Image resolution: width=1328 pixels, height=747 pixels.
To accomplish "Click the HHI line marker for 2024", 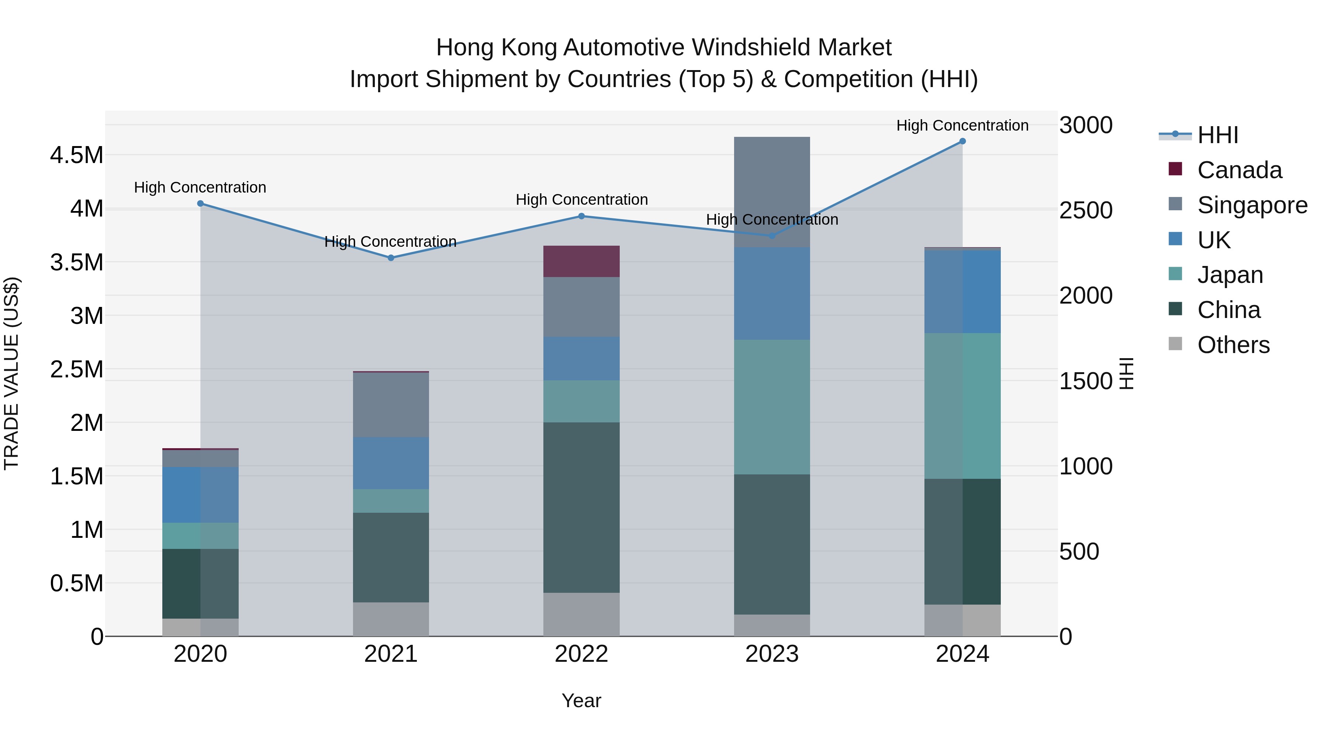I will point(962,141).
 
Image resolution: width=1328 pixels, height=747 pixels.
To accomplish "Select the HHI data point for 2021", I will point(391,258).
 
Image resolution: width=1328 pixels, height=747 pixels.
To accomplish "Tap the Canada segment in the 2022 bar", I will point(581,262).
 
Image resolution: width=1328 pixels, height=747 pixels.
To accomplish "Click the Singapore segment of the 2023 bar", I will point(772,192).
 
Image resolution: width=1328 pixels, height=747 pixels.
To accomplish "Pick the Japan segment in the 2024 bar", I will point(962,406).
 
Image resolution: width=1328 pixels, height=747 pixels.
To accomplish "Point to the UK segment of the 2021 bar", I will point(391,463).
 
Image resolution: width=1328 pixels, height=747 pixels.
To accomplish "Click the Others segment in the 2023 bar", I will point(772,625).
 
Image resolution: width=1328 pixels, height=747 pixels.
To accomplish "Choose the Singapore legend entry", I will point(1252,205).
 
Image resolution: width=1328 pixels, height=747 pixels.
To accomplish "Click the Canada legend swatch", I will point(1175,169).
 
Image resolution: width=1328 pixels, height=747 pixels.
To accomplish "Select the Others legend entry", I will point(1233,345).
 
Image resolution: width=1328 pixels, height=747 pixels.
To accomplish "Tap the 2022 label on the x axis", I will point(581,654).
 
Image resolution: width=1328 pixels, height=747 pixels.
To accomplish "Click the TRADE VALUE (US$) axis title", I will point(11,373).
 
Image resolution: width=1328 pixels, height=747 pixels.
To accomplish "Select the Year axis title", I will point(581,701).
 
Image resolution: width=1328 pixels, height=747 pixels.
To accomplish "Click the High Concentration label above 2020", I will point(200,187).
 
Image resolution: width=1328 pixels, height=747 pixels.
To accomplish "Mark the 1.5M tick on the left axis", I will point(76,476).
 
